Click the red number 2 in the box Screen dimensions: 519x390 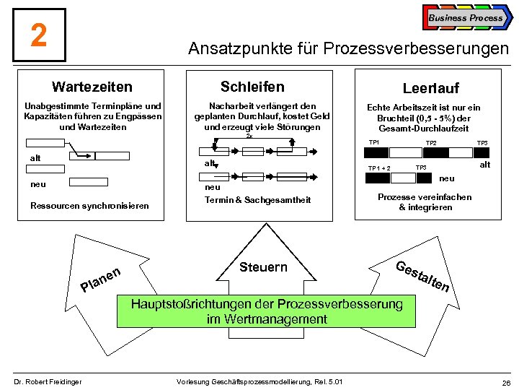(39, 35)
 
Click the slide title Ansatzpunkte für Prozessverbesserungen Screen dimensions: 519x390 (347, 49)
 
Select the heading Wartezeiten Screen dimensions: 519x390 (92, 87)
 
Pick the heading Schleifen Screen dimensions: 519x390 (252, 87)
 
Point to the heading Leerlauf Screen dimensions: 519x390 (430, 88)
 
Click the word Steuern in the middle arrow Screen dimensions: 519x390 (263, 267)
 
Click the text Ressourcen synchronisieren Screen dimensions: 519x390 (89, 206)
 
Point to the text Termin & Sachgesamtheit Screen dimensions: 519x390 (257, 199)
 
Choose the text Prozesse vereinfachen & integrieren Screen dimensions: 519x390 (425, 202)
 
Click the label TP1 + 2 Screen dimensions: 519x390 (379, 169)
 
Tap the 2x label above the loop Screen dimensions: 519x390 (249, 136)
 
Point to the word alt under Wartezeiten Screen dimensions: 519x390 (35, 158)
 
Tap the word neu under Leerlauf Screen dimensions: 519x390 (447, 178)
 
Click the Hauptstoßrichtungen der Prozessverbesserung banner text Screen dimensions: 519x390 (267, 311)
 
